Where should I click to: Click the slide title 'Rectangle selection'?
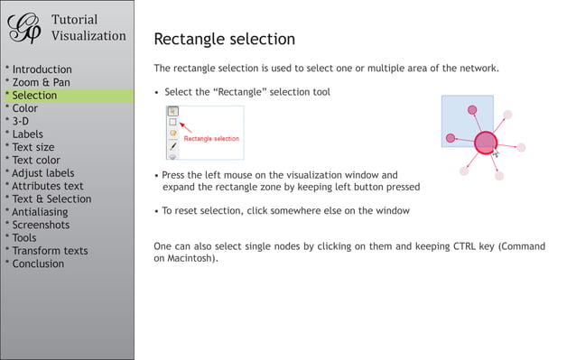pos(225,39)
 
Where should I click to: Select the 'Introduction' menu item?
pos(41,69)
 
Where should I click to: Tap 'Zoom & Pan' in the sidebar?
pos(40,82)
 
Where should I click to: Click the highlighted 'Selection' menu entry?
pos(34,96)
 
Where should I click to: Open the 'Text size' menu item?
pos(33,147)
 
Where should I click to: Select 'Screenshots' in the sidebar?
pos(40,225)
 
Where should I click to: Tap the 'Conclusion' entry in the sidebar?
pos(38,263)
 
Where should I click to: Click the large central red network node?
pos(486,143)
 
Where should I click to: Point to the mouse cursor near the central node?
pos(496,153)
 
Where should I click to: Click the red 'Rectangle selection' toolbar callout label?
pos(211,139)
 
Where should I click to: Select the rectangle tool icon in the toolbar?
pos(173,122)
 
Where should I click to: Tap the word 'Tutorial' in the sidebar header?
pos(74,20)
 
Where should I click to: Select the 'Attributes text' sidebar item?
pos(47,186)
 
